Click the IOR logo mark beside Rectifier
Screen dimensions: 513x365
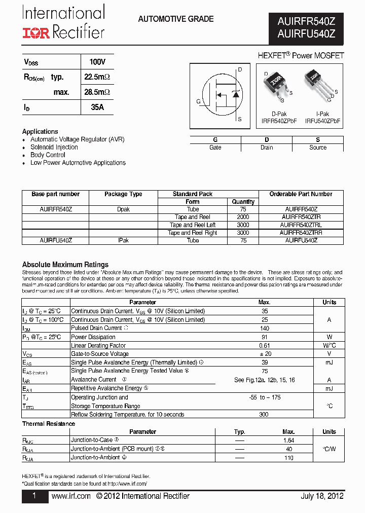point(35,33)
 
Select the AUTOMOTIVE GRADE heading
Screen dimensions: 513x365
point(175,19)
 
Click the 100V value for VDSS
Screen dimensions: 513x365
point(97,62)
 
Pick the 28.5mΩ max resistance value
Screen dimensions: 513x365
point(97,92)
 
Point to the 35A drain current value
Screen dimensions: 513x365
point(97,107)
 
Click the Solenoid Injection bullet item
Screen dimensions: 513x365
point(54,148)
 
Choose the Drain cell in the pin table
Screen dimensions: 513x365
point(267,148)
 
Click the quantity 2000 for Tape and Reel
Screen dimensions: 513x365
point(243,217)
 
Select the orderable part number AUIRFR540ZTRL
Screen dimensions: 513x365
point(301,225)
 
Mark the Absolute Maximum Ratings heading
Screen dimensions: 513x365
point(65,265)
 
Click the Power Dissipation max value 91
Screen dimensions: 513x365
point(264,337)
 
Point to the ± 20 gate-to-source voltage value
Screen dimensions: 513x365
point(264,354)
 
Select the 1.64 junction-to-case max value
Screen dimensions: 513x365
point(288,441)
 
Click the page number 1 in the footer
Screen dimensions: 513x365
point(34,496)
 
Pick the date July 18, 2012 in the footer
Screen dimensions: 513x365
point(322,496)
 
